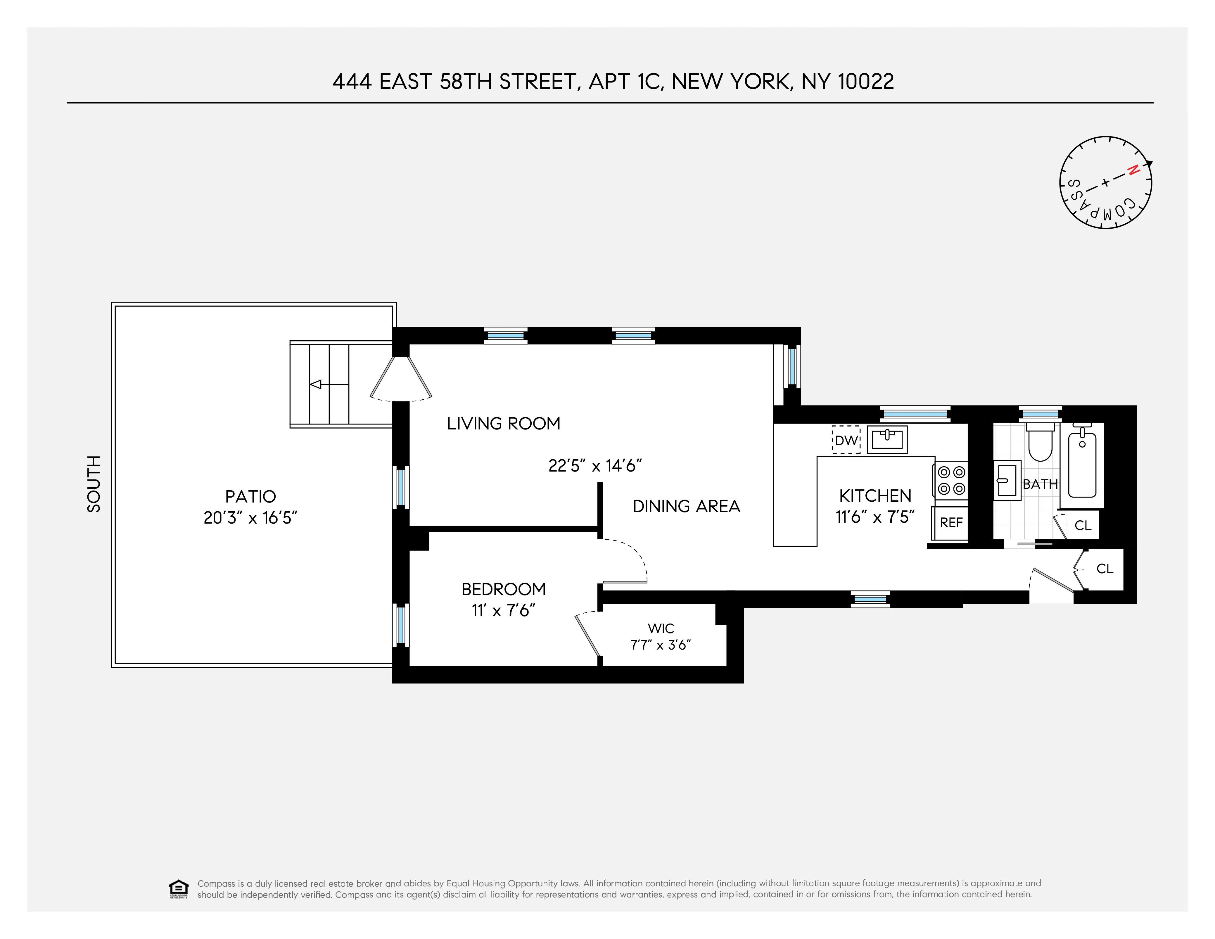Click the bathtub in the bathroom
1082,466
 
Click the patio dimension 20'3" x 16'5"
250,518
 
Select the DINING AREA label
687,506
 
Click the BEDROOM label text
504,589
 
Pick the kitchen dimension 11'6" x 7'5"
875,517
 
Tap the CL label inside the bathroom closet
1083,525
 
